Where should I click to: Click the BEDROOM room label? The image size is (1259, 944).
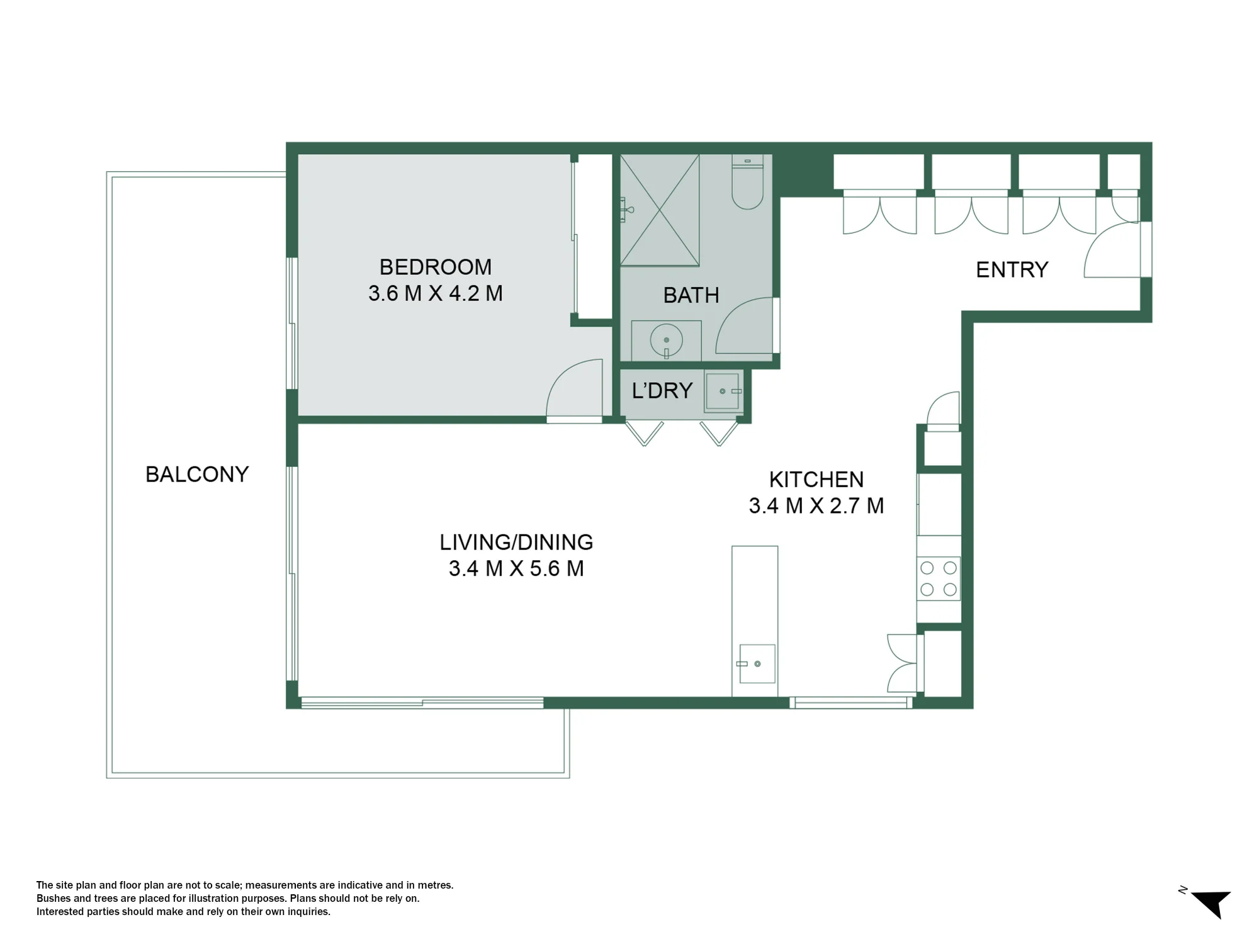point(436,267)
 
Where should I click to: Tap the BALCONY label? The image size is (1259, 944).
point(197,474)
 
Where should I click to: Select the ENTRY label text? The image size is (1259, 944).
point(1012,270)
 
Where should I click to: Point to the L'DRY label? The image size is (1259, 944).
point(662,391)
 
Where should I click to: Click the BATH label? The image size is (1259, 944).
point(691,295)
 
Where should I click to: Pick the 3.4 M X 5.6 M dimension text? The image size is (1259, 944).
point(516,568)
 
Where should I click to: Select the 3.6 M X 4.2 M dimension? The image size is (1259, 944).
point(436,293)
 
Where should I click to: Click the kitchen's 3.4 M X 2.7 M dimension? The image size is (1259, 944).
point(816,505)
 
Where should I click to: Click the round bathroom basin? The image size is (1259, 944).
point(667,340)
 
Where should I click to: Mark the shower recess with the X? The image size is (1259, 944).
point(660,210)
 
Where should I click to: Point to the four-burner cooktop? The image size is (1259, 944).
point(939,579)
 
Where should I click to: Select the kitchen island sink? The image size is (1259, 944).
point(757,663)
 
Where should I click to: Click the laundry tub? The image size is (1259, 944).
point(722,391)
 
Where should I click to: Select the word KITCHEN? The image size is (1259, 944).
point(816,480)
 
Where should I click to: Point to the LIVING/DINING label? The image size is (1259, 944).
point(516,542)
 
